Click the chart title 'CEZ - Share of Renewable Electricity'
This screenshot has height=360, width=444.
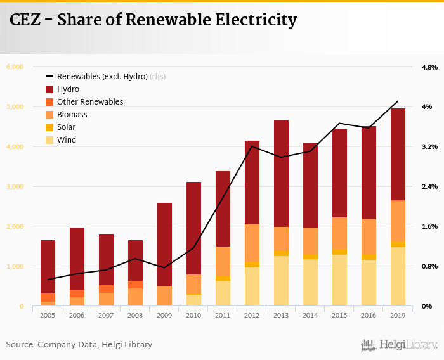153,21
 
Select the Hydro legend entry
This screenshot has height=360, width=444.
68,89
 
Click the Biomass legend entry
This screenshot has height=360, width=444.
72,115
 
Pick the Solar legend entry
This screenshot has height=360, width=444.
66,127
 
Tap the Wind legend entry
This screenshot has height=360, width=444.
66,140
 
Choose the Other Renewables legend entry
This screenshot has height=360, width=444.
89,102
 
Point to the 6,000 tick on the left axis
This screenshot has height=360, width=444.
15,67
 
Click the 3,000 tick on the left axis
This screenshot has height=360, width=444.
15,186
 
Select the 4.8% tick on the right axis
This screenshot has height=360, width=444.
429,67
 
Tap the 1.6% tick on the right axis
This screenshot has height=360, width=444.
429,226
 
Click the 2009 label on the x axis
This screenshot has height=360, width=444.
164,314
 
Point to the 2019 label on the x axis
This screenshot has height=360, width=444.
398,314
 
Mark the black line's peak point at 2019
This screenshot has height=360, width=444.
398,101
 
